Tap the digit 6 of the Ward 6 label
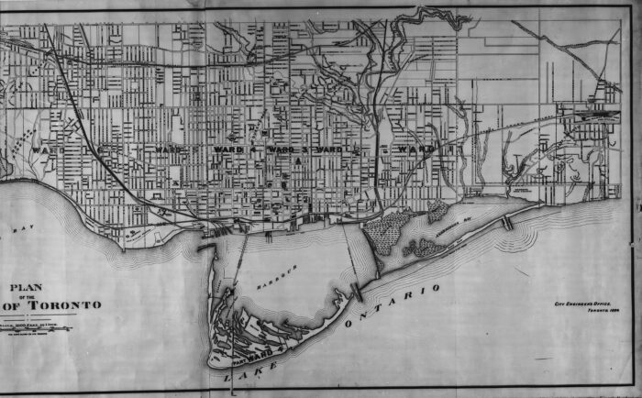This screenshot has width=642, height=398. (x=101, y=148)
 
